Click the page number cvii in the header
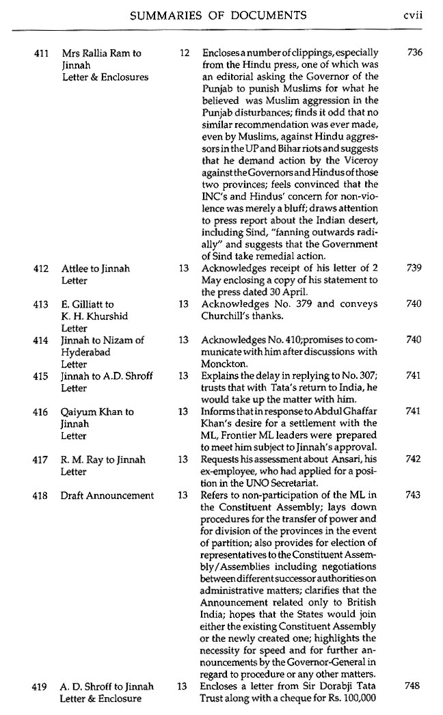[x=413, y=15]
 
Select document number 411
[x=40, y=53]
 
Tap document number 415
[x=40, y=376]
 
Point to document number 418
[x=40, y=495]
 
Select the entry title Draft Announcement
[x=107, y=495]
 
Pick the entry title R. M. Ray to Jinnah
[x=103, y=460]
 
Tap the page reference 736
[x=413, y=53]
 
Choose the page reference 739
[x=413, y=269]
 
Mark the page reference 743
[x=413, y=495]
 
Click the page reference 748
[x=413, y=686]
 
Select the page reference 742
[x=413, y=460]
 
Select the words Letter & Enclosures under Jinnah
[x=105, y=77]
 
